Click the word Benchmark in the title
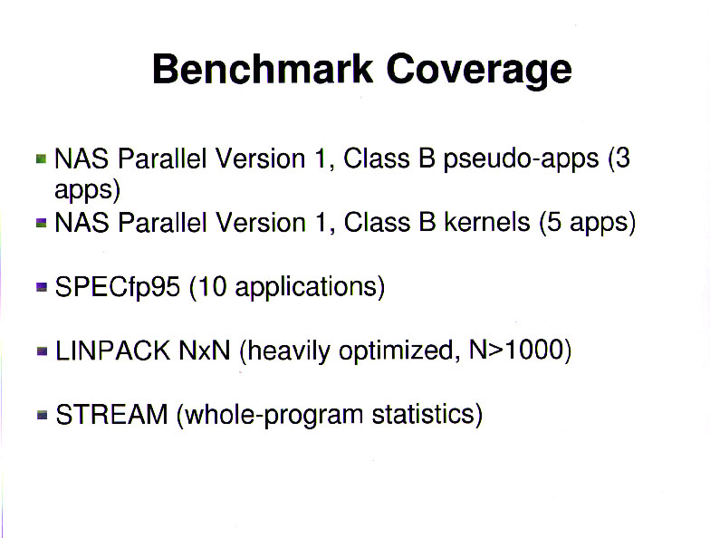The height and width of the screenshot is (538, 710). tap(263, 69)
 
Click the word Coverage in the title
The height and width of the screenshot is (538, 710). tap(479, 71)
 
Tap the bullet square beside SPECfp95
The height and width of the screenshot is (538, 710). tap(42, 287)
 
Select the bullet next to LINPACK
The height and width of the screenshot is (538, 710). tap(42, 351)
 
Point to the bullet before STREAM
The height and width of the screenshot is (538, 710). tap(42, 415)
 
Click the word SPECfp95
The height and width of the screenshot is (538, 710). tap(118, 287)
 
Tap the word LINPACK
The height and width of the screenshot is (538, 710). tap(112, 351)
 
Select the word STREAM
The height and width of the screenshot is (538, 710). tap(111, 415)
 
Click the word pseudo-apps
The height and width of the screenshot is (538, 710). tap(522, 159)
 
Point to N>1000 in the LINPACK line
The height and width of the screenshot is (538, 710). tap(516, 350)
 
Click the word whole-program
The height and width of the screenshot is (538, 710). tap(273, 415)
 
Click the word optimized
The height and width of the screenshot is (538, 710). tap(396, 351)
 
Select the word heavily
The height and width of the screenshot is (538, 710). tap(289, 351)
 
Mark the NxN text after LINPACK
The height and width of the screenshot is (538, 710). tap(205, 351)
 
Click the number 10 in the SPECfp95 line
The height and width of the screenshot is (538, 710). tap(212, 287)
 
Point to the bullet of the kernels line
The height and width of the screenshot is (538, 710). tap(42, 223)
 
